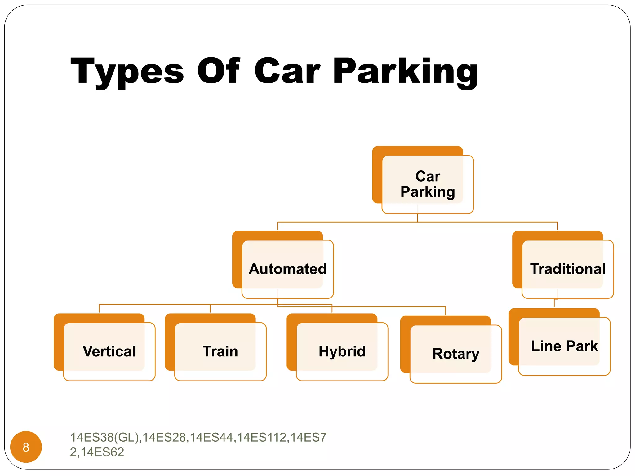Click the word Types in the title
[x=127, y=72]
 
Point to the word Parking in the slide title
[x=405, y=72]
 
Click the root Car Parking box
[x=428, y=184]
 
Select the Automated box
[x=287, y=269]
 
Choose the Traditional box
[x=567, y=269]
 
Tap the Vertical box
[x=109, y=351]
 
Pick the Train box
[x=220, y=351]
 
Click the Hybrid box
[x=342, y=351]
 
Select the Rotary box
[x=455, y=354]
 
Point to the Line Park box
[x=564, y=346]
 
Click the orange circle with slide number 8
[x=26, y=447]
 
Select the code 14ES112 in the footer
[x=262, y=437]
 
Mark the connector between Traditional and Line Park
[x=554, y=303]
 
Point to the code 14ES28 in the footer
[x=164, y=437]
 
